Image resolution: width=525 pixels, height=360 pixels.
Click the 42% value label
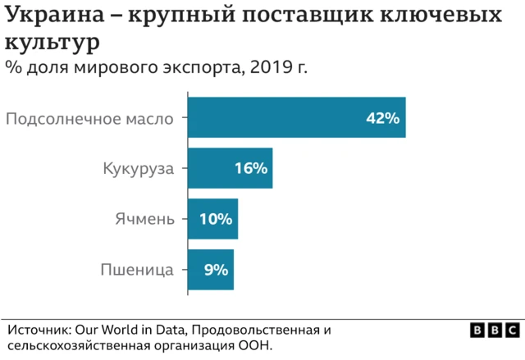pos(382,118)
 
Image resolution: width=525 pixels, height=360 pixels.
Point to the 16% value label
pos(250,169)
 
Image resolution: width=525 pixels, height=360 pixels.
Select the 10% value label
pos(216,220)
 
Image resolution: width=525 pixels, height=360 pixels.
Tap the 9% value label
pos(216,269)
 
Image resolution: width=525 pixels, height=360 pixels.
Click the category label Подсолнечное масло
pos(89,118)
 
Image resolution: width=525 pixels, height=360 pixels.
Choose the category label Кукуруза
pos(139,169)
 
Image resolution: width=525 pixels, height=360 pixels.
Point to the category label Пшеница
pos(137,269)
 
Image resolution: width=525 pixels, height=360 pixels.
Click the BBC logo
pos(495,330)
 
